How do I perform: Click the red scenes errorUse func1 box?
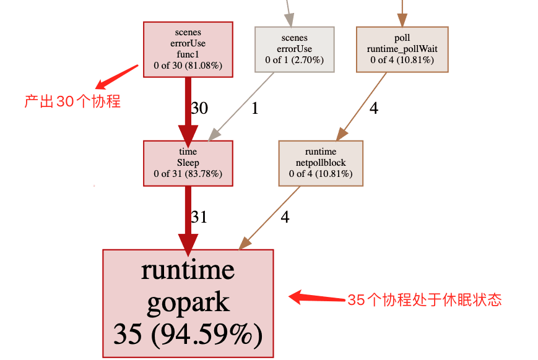coord(188,49)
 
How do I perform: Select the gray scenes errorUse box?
coord(294,49)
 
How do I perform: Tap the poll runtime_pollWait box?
coord(401,49)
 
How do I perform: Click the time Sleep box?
coord(188,163)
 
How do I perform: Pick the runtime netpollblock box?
coord(320,163)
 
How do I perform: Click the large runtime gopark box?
coord(188,303)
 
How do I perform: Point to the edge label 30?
coord(199,108)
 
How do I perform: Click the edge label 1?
coord(254,108)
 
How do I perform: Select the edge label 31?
coord(199,217)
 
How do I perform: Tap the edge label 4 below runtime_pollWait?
coord(373,108)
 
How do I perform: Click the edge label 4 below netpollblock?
coord(285,217)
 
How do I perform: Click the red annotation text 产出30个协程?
coord(72,101)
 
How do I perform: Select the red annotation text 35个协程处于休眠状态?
coord(424,301)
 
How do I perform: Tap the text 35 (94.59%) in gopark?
coord(188,335)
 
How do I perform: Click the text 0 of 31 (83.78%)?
coord(188,174)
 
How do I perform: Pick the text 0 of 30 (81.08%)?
coord(188,65)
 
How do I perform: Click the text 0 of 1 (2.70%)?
coord(294,60)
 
